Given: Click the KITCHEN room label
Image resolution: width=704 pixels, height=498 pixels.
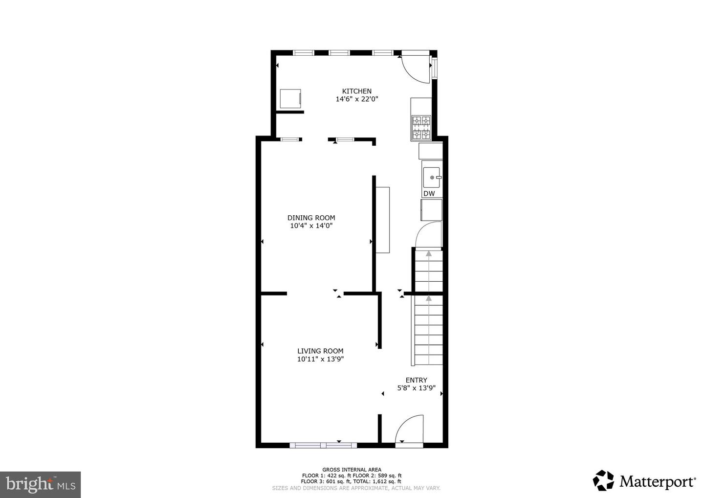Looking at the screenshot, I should coord(356,91).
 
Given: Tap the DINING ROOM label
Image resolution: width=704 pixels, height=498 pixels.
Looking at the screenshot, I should coord(311,218).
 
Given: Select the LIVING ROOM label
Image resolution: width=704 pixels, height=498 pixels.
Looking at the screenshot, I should coord(320,351).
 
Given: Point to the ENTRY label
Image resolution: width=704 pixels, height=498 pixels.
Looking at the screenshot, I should coord(416,380).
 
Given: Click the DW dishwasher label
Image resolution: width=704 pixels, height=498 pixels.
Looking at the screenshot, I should coord(429,194).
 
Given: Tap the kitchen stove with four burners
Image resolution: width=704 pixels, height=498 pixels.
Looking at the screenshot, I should coord(421,127).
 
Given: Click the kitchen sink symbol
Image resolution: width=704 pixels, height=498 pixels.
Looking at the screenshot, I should coord(432,177).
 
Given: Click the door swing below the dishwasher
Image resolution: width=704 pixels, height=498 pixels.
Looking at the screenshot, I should coord(428,235).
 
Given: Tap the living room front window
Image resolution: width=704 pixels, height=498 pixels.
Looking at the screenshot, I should coord(323,445).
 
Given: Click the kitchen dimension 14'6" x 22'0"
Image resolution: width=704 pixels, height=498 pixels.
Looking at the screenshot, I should coord(356,99).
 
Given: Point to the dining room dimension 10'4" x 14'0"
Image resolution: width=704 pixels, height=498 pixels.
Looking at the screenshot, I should coord(311,226).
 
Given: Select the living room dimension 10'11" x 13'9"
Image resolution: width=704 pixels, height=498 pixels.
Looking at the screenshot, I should coord(320,359).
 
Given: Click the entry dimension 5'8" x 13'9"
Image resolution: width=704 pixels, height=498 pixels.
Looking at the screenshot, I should coord(416,388).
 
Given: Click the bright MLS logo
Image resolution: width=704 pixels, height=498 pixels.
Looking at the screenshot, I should coord(40,484).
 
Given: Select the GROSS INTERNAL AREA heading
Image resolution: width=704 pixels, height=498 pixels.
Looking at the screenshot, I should coord(352,470).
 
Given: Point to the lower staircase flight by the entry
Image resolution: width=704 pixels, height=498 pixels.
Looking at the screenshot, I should coord(429,330).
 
